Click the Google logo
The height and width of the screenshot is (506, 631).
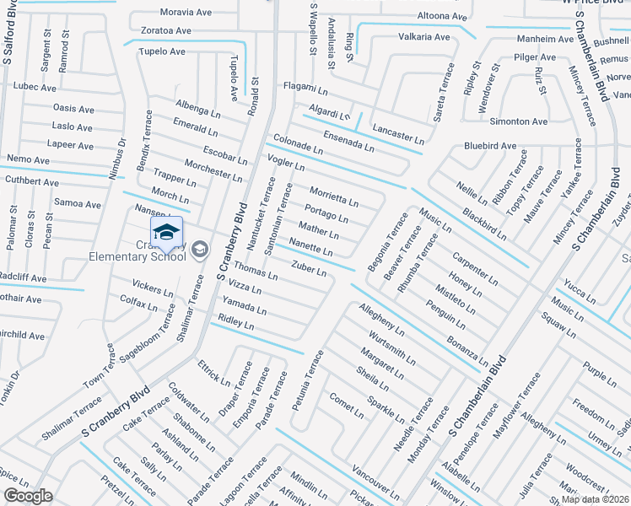click(x=27, y=496)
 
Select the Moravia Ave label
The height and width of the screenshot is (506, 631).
click(x=187, y=13)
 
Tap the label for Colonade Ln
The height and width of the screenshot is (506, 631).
click(x=297, y=143)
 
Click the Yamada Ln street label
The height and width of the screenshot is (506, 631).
click(x=244, y=305)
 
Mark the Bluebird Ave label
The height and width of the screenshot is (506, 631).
click(x=490, y=146)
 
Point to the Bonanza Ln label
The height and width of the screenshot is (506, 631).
click(x=467, y=347)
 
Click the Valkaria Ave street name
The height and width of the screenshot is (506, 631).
click(x=423, y=37)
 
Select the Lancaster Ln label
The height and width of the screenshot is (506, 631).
click(x=398, y=134)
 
